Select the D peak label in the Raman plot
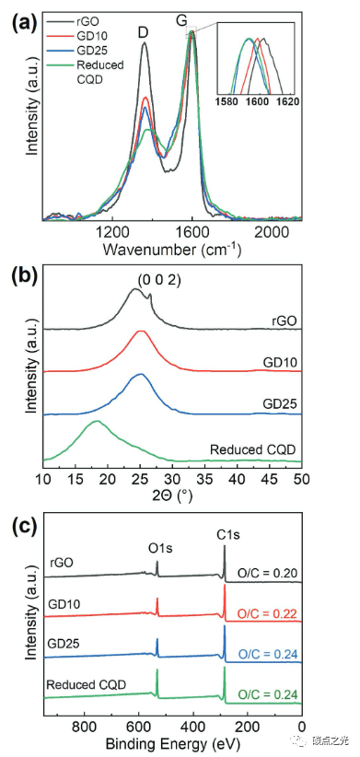click(144, 32)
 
